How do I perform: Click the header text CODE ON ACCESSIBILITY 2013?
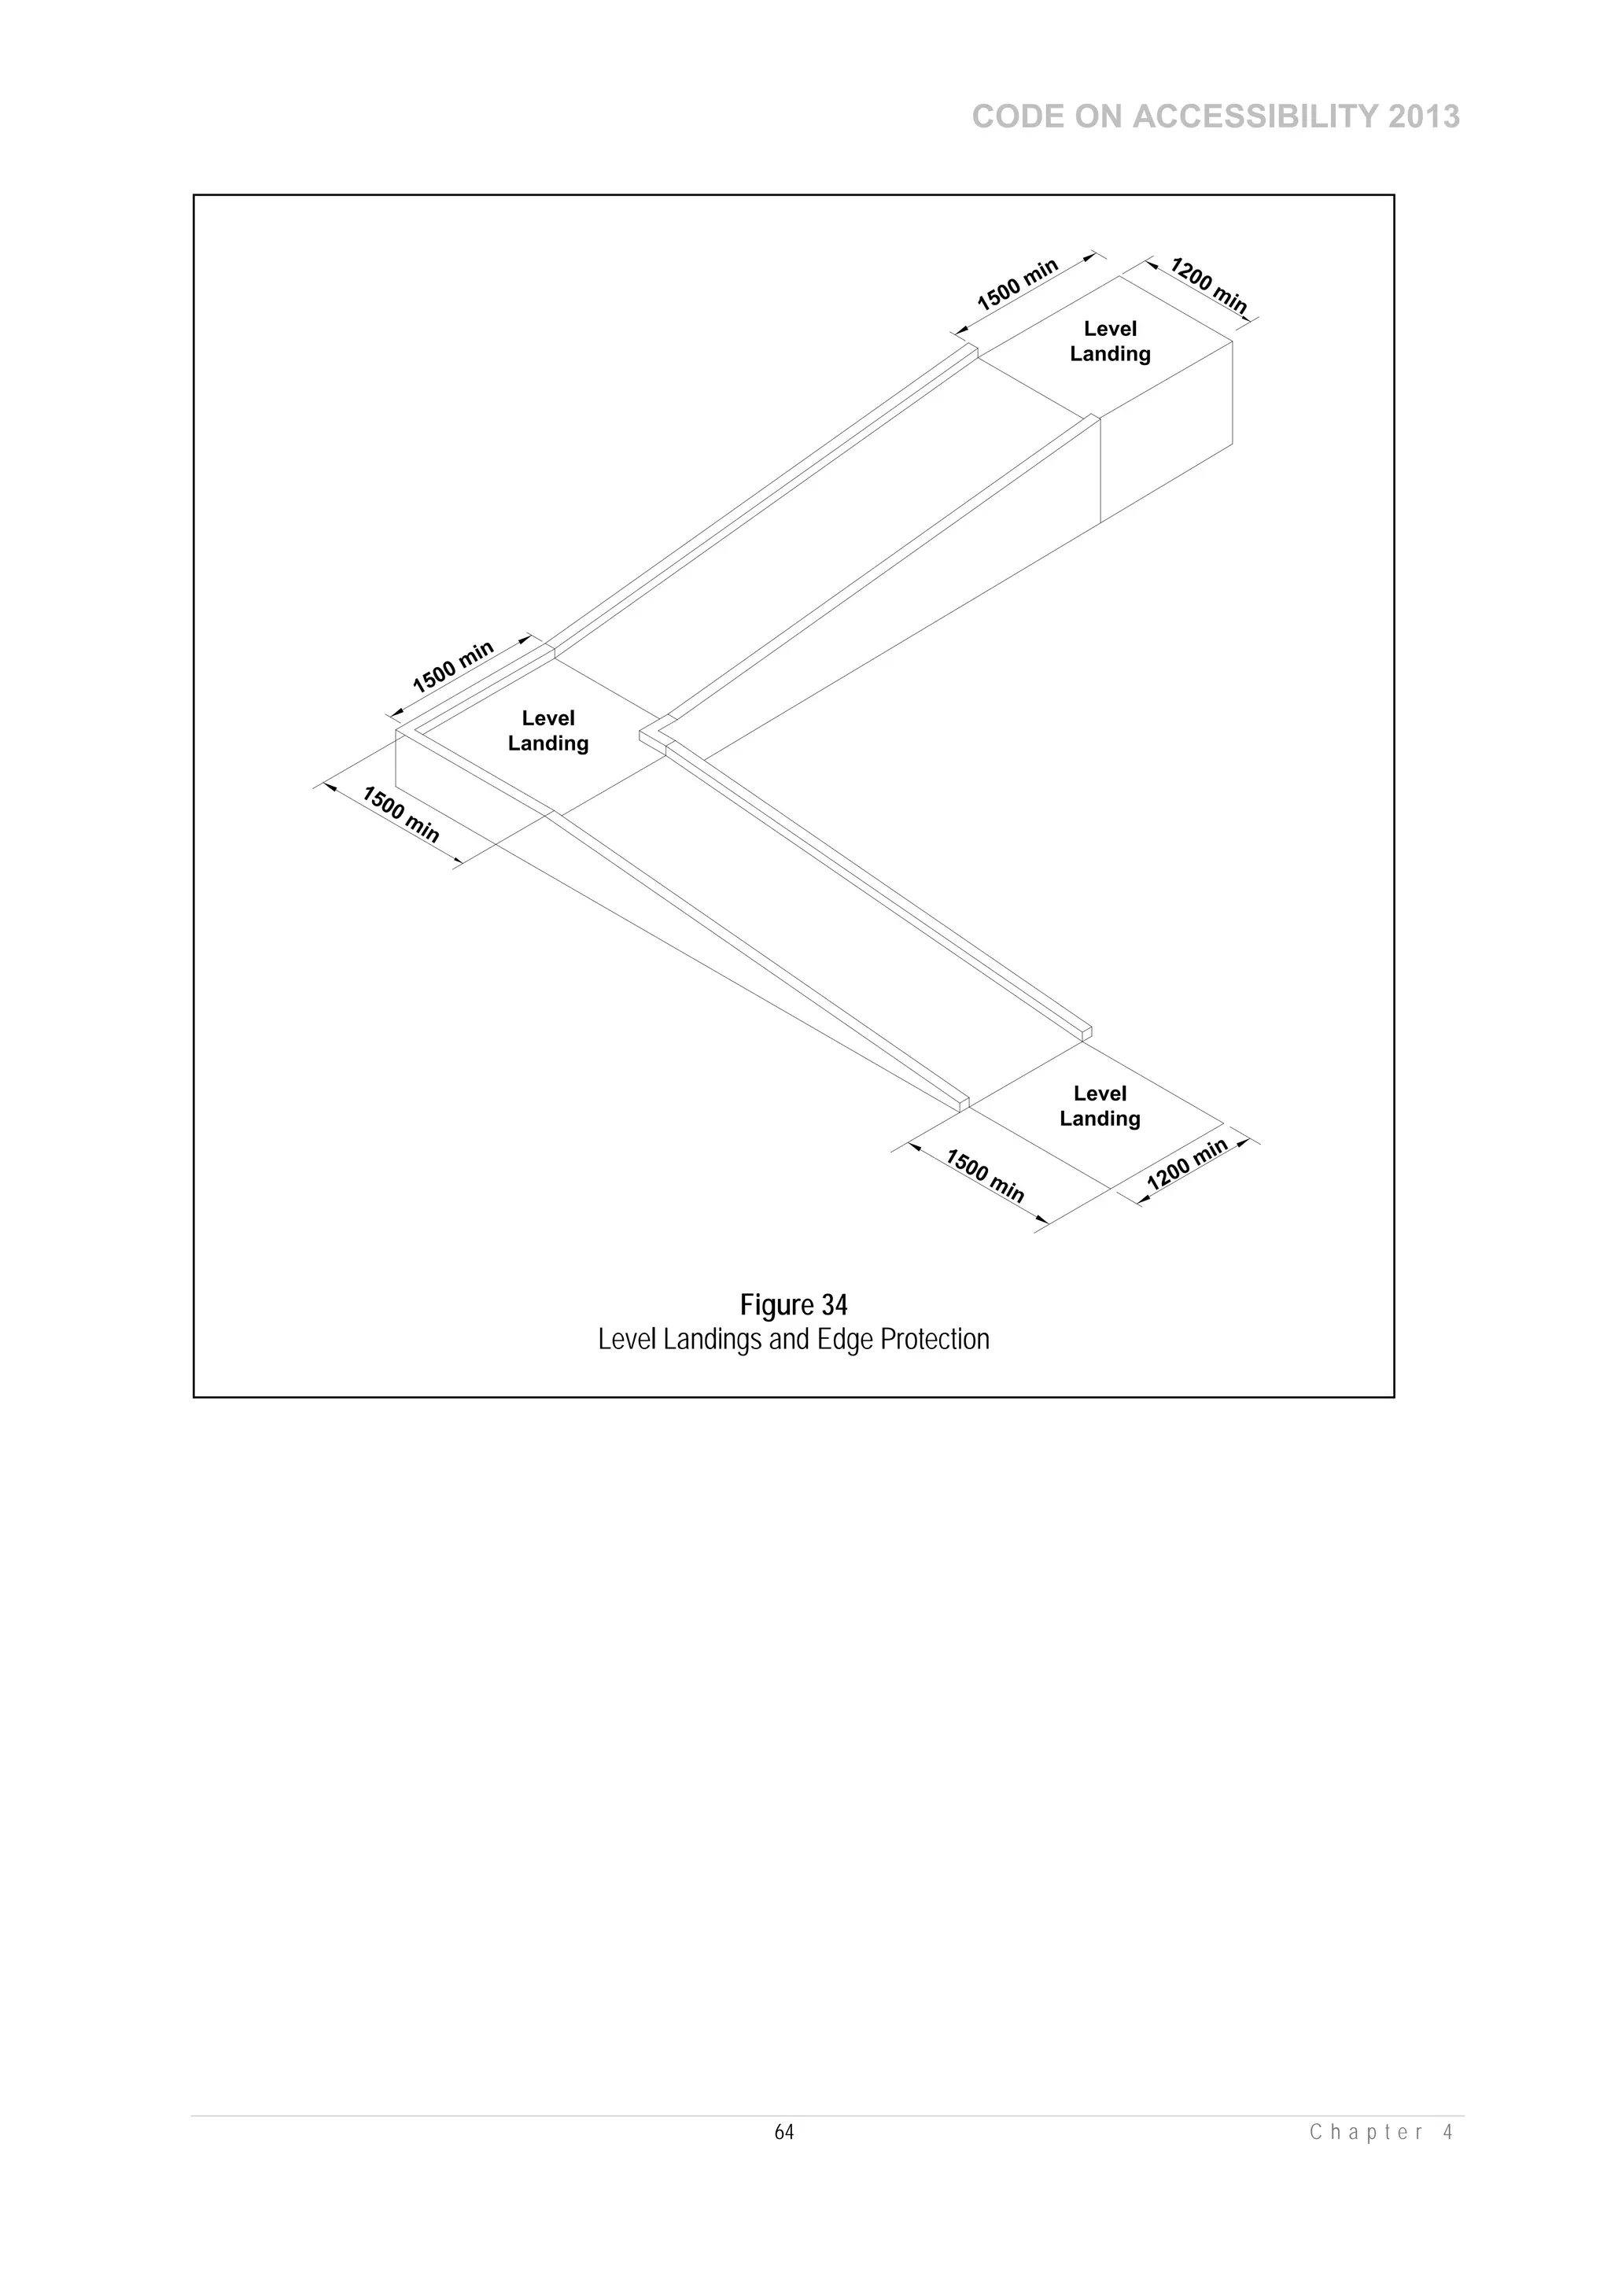(1215, 117)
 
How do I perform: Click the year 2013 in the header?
(1424, 117)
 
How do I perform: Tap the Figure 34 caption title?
(793, 1304)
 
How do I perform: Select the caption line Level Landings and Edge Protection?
(793, 1340)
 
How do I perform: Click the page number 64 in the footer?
(783, 2132)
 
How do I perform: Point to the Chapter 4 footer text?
(1381, 2132)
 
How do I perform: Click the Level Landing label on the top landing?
(1110, 341)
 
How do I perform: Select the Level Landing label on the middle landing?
(548, 731)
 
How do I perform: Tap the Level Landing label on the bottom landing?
(1100, 1106)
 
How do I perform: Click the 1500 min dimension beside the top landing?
(1019, 285)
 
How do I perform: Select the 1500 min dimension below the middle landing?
(400, 814)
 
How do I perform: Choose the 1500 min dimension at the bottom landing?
(984, 1176)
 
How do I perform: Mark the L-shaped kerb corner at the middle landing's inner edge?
(656, 733)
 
